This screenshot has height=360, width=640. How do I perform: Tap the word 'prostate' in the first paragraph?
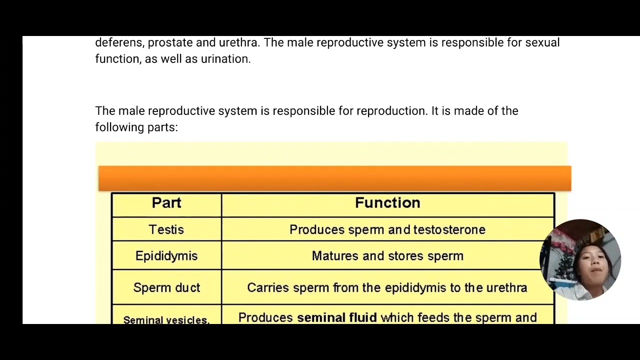[x=170, y=43]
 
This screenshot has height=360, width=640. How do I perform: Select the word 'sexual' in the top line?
[x=542, y=42]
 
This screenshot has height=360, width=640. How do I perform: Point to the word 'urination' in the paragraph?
[x=225, y=59]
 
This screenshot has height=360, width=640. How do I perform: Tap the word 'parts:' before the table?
[x=162, y=127]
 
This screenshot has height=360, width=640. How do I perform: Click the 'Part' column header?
[x=166, y=203]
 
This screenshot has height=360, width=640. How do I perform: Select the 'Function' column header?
[x=387, y=203]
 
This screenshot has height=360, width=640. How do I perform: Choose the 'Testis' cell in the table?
[x=166, y=230]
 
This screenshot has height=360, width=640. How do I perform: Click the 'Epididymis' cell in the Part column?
[x=166, y=256]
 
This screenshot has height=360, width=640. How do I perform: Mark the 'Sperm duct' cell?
[x=166, y=288]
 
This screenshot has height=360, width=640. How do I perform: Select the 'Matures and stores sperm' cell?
[x=387, y=256]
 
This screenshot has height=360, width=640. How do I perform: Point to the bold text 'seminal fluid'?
[x=336, y=318]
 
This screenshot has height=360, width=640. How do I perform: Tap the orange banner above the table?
[x=334, y=178]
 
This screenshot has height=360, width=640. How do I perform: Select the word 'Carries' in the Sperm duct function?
[x=268, y=288]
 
